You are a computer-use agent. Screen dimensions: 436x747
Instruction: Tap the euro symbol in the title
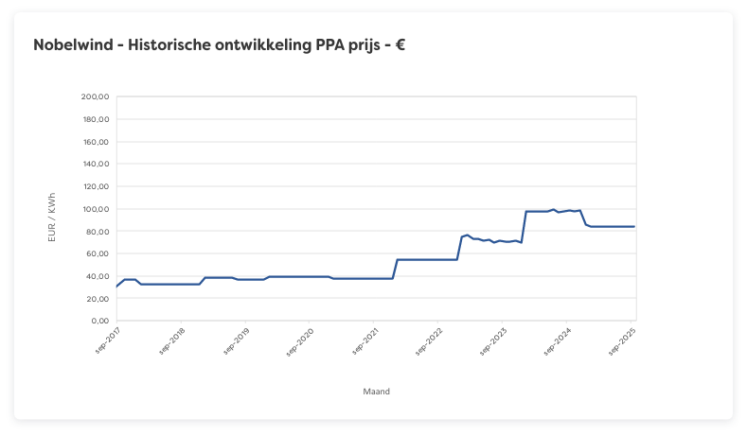point(400,44)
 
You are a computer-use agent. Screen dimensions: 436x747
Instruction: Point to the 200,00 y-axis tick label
point(96,96)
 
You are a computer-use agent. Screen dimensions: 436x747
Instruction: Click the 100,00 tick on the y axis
point(96,209)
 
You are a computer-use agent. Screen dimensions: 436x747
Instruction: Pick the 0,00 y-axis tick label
point(100,322)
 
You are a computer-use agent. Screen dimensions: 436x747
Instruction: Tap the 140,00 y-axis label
point(96,164)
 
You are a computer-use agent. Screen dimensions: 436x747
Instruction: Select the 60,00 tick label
point(98,254)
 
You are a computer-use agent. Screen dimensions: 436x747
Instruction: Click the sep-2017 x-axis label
point(106,341)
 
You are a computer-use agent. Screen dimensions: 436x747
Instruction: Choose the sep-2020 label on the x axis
point(299,341)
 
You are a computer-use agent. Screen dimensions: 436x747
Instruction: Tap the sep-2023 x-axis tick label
point(492,341)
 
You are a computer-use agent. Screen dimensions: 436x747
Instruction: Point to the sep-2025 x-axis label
point(621,341)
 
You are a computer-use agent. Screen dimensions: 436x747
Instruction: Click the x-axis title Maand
point(376,391)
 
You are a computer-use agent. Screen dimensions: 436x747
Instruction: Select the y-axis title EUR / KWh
point(53,215)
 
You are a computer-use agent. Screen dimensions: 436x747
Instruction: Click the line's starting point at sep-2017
point(116,287)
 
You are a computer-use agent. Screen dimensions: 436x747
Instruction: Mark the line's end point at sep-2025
point(634,227)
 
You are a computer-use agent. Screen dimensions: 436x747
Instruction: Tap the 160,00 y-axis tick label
point(96,142)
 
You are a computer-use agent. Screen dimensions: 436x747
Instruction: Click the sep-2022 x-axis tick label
point(428,341)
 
